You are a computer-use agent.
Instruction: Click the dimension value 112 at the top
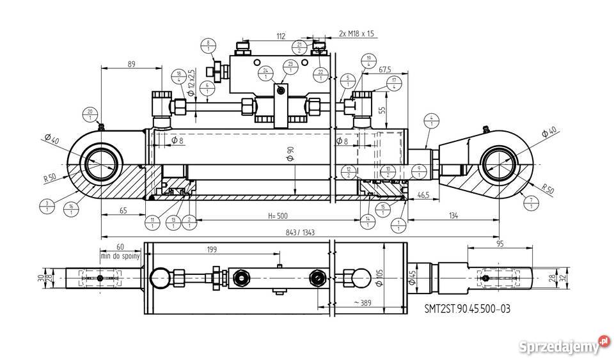(279, 36)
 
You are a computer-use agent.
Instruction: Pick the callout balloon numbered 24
(265, 73)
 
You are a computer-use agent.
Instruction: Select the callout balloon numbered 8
(208, 46)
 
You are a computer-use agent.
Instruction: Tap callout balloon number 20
(90, 114)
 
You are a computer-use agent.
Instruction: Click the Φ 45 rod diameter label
(413, 278)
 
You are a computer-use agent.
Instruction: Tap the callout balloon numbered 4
(432, 120)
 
